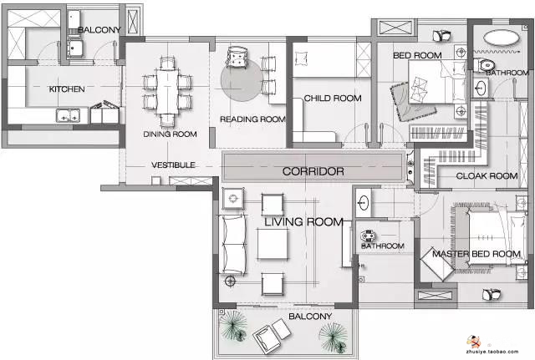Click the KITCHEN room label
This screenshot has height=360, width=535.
tap(67, 89)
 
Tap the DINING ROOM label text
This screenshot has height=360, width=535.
tap(170, 134)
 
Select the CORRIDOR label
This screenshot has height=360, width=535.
tap(313, 171)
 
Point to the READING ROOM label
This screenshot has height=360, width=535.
tap(252, 119)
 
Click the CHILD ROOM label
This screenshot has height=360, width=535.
tap(333, 99)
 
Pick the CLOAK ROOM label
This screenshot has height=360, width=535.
tap(487, 176)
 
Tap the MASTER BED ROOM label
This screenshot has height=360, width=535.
tap(476, 254)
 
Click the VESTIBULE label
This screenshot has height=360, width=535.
tap(173, 165)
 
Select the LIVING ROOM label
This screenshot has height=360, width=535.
tap(303, 222)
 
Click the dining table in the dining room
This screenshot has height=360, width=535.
tap(167, 92)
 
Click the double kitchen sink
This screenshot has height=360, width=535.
tap(69, 115)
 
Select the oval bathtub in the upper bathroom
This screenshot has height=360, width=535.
tap(502, 38)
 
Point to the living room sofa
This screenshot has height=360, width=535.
tap(233, 244)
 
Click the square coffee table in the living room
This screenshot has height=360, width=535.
tap(273, 244)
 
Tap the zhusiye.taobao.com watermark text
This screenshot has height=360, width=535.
tap(492, 352)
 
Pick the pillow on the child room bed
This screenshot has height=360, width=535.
tap(301, 58)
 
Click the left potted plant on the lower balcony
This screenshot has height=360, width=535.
tap(234, 327)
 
